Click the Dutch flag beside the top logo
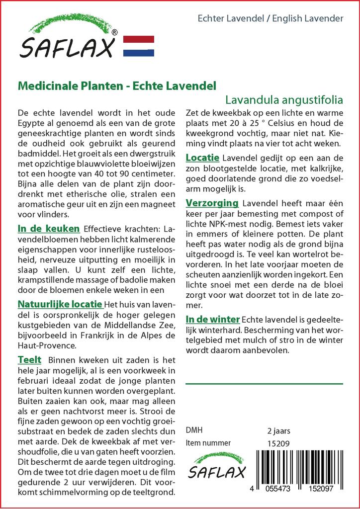[138, 46]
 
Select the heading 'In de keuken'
[49, 229]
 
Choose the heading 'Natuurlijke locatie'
[60, 304]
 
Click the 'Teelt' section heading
[29, 359]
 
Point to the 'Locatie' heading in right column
[202, 158]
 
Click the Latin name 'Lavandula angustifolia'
[284, 99]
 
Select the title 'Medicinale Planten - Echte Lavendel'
[117, 86]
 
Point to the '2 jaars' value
[278, 430]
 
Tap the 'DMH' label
[194, 430]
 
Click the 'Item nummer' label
[208, 443]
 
